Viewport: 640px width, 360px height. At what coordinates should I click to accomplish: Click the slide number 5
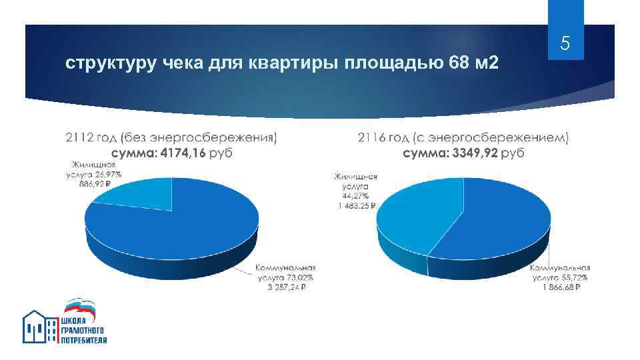tap(565, 45)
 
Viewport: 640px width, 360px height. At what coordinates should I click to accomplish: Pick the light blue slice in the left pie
tap(141, 196)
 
